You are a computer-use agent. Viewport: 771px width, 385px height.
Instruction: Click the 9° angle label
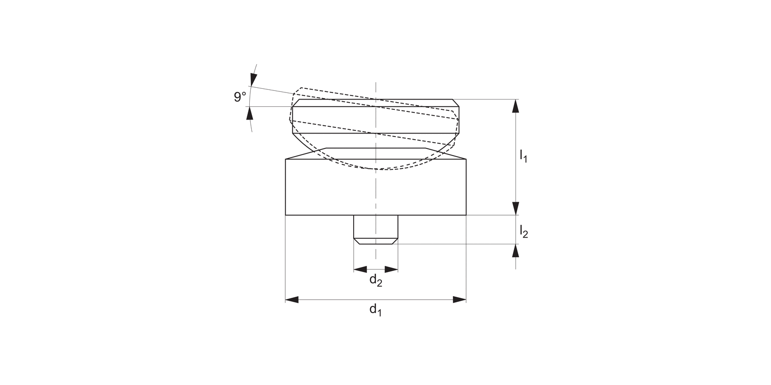point(240,97)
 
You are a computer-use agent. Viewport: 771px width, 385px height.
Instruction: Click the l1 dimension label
point(523,156)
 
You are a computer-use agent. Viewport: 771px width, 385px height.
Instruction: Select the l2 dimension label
point(523,232)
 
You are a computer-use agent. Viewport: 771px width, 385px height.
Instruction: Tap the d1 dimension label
point(376,310)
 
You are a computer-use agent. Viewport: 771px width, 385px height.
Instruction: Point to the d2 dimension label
point(376,280)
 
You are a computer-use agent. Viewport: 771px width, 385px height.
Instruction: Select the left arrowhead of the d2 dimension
point(360,269)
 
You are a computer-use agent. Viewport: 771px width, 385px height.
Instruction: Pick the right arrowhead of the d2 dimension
point(392,269)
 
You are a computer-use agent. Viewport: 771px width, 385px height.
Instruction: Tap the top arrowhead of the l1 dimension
point(516,106)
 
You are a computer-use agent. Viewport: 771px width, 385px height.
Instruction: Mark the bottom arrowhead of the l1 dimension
point(516,208)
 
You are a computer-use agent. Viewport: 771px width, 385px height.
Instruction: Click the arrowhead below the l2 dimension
point(516,251)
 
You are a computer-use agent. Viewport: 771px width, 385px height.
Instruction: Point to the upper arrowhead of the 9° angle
point(253,79)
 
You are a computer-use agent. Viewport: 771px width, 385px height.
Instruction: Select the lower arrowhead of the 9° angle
point(250,113)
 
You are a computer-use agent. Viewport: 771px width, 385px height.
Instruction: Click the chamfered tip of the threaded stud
point(376,241)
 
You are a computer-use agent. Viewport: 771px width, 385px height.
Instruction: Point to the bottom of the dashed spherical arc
point(378,169)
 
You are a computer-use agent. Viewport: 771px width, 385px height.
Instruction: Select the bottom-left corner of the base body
point(285,215)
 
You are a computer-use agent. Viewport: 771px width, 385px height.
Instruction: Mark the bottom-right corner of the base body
point(466,215)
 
